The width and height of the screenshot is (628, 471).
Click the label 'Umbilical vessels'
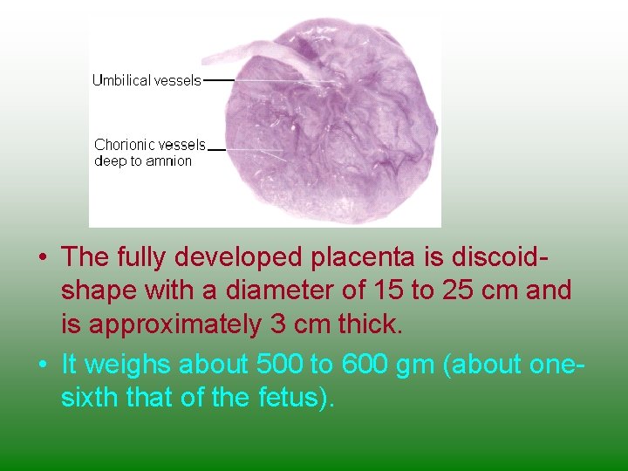click(x=147, y=80)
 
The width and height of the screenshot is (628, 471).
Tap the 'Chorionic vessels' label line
click(x=150, y=145)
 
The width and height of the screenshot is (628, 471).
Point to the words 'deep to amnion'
click(x=143, y=160)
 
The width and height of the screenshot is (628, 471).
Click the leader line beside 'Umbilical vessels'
click(x=219, y=80)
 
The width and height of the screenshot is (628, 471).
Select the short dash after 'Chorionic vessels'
click(x=217, y=149)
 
